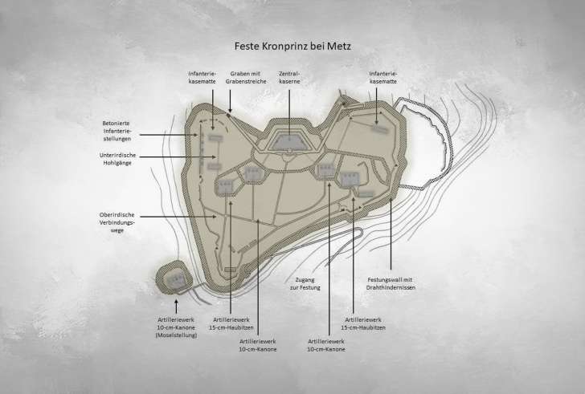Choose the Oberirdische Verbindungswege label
[x=121, y=224]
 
